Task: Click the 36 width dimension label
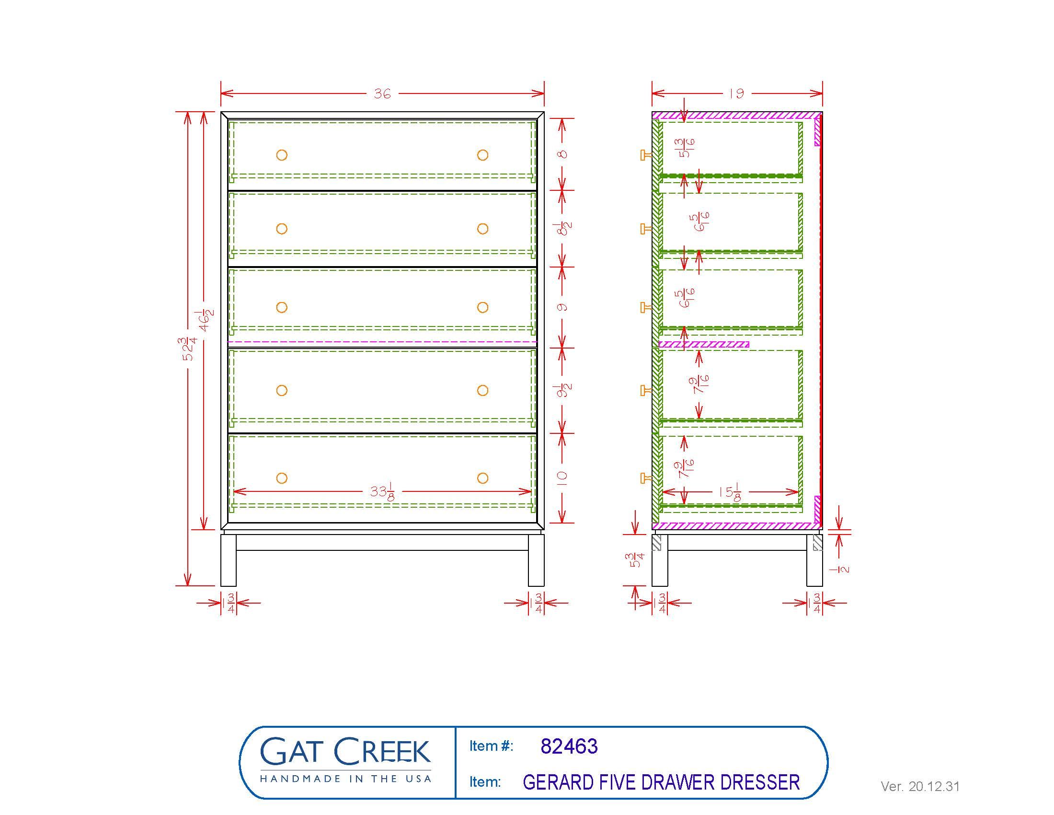(382, 93)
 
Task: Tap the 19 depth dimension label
(736, 93)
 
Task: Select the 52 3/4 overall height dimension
(190, 349)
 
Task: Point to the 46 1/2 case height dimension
(206, 320)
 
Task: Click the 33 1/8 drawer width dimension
(383, 492)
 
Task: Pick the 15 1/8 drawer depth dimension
(730, 492)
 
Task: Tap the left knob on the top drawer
(282, 155)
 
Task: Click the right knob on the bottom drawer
(482, 478)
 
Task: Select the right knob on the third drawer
(482, 307)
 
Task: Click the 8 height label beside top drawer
(563, 154)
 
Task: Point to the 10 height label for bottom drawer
(563, 478)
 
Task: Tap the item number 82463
(569, 746)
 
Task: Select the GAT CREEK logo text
(345, 752)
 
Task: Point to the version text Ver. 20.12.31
(920, 787)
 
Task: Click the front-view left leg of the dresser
(228, 559)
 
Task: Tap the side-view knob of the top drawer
(645, 155)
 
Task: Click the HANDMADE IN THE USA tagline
(345, 779)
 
